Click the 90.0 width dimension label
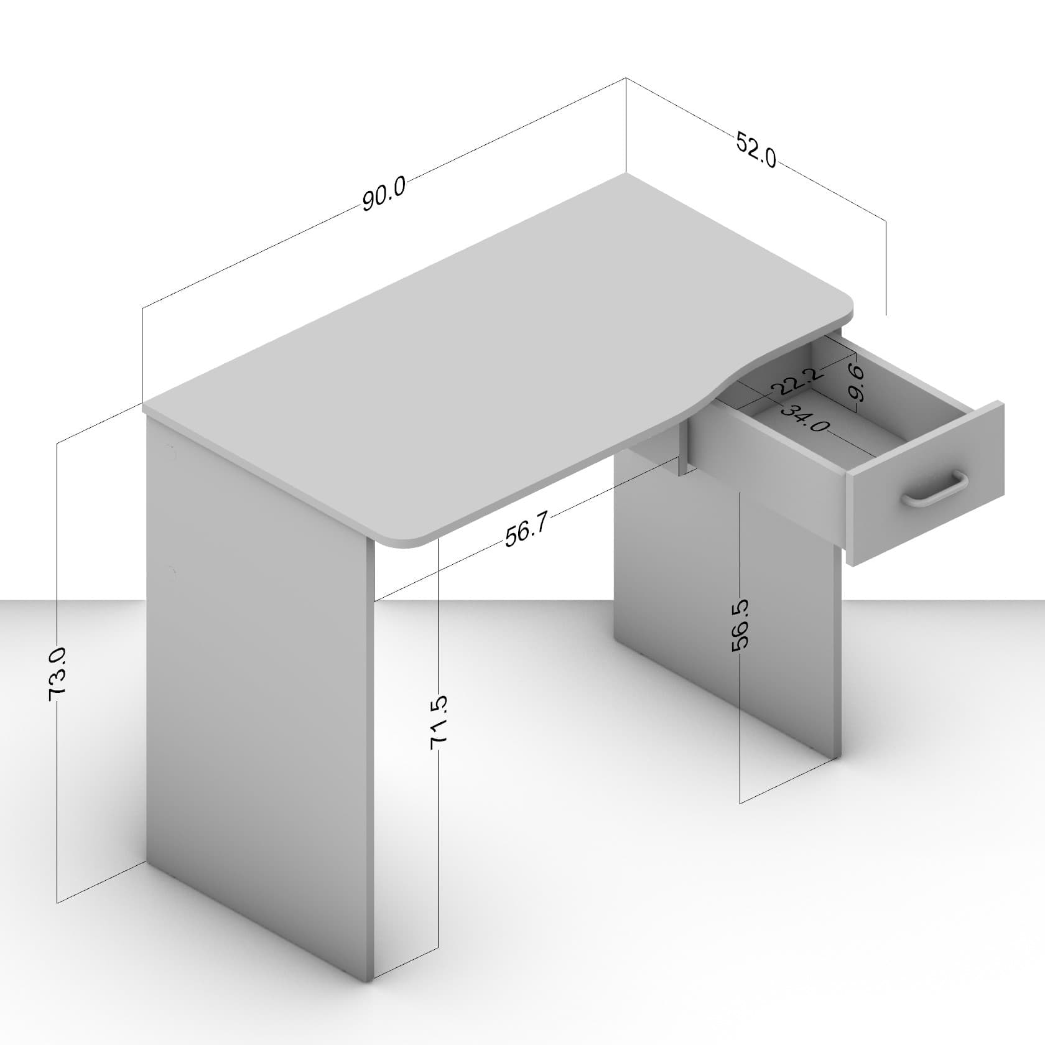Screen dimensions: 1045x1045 pyautogui.click(x=384, y=193)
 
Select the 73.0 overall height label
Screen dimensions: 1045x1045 pyautogui.click(x=57, y=674)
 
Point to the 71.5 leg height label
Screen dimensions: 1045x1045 pyautogui.click(x=439, y=722)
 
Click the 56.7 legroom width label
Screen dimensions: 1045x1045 pyautogui.click(x=526, y=531)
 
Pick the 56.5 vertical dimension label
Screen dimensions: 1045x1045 pyautogui.click(x=740, y=626)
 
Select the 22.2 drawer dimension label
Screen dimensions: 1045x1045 pyautogui.click(x=797, y=381)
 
